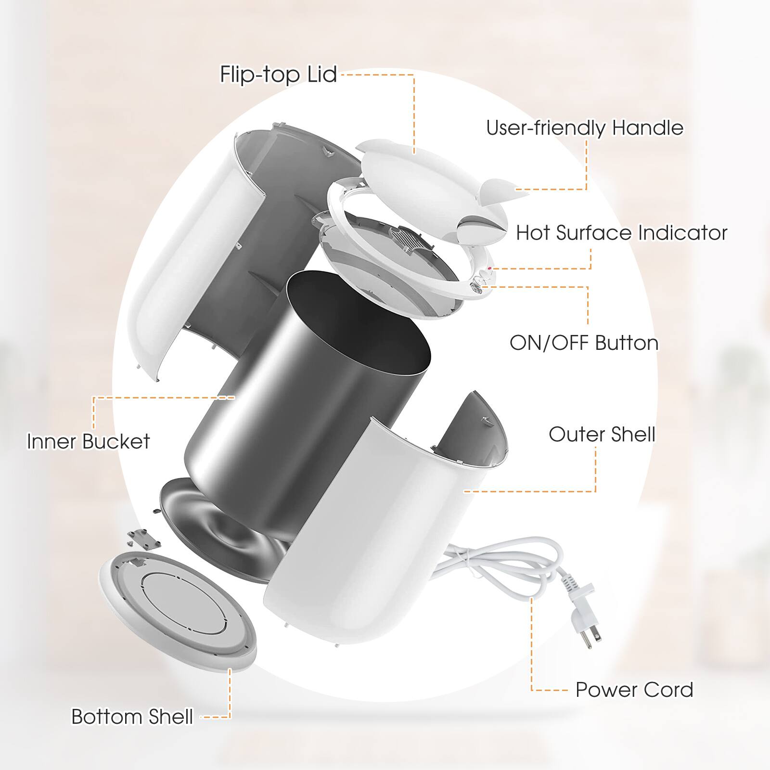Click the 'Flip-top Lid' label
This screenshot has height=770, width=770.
coord(278,75)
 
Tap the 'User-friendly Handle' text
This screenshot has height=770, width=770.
coord(584,128)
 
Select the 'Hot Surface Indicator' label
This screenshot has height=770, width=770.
coord(621,233)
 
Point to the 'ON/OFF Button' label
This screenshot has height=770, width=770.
coord(584,343)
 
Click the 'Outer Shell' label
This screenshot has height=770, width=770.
coord(602,435)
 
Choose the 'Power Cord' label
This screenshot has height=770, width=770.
coord(634,690)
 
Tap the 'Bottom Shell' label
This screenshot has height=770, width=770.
coord(132,717)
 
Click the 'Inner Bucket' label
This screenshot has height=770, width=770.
coord(88,441)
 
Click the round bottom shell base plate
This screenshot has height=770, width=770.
coord(178,602)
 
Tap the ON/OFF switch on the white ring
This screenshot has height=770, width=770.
coord(476,284)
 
